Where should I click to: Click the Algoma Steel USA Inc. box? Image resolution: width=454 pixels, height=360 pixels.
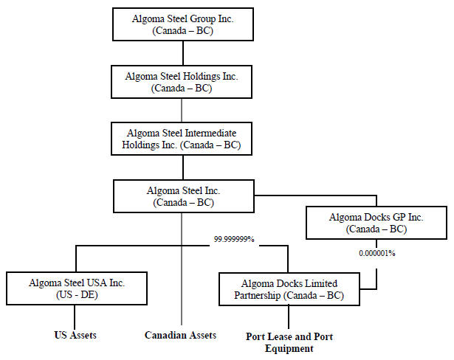76,288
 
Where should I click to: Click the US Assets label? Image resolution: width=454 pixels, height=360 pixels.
75,335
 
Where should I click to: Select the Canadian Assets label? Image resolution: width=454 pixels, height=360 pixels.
180,335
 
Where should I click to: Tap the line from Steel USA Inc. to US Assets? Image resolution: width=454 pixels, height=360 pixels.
76,316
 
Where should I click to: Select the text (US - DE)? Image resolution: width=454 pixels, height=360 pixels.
76,295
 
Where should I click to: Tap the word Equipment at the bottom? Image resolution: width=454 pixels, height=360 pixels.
289,348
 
